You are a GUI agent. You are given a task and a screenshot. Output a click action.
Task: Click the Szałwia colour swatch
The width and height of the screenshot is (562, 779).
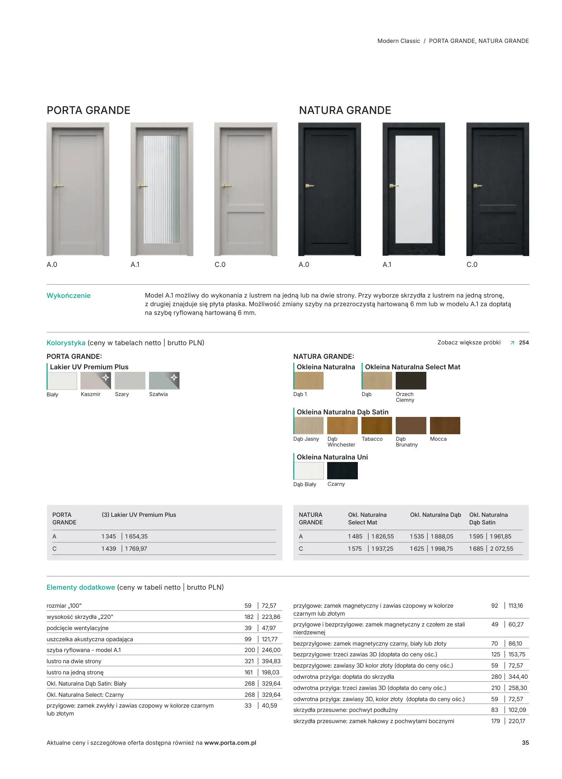(x=164, y=380)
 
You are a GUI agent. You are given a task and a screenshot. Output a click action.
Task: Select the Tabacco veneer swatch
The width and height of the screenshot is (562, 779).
(x=377, y=425)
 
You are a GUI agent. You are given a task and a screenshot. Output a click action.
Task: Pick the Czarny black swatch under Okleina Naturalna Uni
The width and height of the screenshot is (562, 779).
(x=342, y=470)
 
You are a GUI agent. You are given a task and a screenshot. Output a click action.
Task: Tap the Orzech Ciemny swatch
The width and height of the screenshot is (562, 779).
(x=411, y=380)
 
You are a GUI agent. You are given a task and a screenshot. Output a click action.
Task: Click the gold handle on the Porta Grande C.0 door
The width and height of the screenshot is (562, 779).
(x=226, y=186)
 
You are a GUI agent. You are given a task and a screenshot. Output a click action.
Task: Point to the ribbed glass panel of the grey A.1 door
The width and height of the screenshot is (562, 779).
(x=161, y=189)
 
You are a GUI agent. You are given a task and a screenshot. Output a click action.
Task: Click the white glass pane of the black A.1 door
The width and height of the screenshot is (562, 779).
(x=414, y=189)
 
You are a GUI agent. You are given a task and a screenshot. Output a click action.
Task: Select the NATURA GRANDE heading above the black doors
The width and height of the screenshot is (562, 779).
(x=345, y=110)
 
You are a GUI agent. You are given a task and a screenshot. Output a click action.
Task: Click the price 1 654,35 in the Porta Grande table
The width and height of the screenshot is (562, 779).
(x=136, y=536)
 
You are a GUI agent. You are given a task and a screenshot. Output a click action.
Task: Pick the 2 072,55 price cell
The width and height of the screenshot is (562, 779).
(x=501, y=549)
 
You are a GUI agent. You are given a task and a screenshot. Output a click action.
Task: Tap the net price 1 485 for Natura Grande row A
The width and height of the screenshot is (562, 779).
(x=355, y=536)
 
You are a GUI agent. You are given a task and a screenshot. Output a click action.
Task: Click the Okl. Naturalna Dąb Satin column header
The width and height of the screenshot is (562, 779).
(x=488, y=519)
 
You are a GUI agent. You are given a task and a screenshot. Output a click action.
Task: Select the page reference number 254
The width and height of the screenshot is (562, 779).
(x=524, y=343)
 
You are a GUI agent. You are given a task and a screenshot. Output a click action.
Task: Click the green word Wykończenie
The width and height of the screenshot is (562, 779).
(x=69, y=296)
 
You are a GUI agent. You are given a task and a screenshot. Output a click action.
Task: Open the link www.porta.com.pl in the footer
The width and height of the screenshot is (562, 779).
(x=230, y=743)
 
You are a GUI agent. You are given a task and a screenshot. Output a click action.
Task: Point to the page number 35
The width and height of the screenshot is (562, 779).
(x=525, y=743)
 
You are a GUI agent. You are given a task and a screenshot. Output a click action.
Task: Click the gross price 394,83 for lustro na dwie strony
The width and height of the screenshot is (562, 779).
(x=271, y=661)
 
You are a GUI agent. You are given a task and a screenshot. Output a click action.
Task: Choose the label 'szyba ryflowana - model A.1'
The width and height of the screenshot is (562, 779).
(x=84, y=650)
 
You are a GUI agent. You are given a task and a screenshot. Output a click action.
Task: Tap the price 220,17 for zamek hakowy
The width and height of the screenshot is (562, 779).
(x=517, y=721)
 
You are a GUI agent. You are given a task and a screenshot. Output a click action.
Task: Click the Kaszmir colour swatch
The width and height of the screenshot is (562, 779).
(x=96, y=380)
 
